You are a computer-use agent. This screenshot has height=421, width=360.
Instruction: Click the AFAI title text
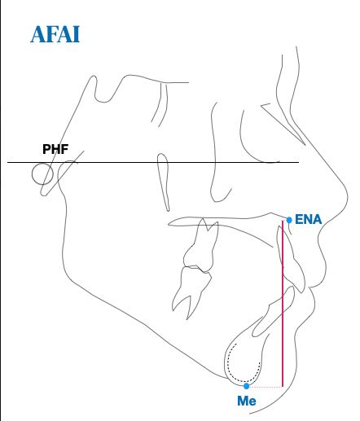55,34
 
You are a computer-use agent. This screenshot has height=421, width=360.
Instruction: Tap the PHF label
55,149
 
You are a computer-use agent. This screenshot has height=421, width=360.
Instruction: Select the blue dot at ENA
289,220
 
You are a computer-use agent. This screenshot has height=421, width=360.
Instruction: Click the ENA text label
308,219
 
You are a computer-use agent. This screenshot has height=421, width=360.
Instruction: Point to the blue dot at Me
246,386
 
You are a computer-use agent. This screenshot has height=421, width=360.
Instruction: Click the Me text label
247,401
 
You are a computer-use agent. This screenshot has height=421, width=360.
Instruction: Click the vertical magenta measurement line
283,304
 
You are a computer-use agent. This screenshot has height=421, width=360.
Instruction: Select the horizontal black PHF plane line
153,162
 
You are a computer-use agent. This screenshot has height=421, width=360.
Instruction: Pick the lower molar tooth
191,292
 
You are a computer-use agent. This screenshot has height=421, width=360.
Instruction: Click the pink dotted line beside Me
266,387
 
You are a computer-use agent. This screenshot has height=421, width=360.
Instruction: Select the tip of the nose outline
348,197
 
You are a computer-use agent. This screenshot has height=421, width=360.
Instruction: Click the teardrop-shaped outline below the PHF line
164,182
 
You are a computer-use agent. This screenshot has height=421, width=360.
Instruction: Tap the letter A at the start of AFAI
37,34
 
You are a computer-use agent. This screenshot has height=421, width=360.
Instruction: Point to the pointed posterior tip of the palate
169,224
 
